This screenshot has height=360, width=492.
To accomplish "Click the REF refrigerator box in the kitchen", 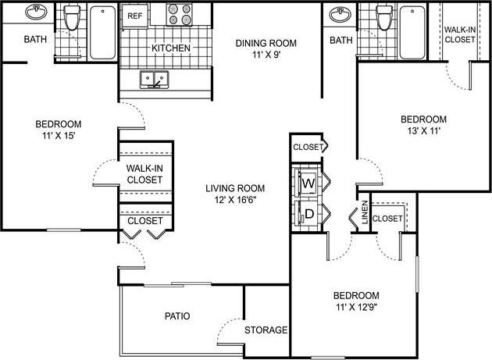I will [134, 16].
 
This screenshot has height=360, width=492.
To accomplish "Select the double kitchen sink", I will [155, 79].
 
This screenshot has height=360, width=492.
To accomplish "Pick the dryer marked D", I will [308, 212].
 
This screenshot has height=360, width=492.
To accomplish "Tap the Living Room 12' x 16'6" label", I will [235, 194].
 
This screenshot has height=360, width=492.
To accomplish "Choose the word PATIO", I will [178, 316].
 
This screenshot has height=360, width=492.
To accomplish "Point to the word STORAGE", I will [266, 330].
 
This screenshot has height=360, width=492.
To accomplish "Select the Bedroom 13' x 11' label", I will [423, 125].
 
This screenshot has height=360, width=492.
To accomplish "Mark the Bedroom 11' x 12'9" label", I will [356, 301].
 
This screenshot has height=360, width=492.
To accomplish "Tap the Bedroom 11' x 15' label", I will [59, 130].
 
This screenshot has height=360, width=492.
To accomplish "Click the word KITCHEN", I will [171, 48].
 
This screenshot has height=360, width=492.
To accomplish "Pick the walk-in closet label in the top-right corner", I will [459, 34].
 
